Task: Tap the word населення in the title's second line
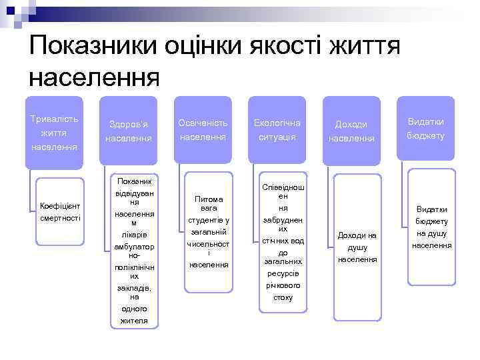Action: point(95,77)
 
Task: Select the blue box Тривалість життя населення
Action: point(55,131)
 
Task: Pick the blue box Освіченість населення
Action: point(203,129)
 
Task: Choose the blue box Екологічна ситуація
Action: point(277,129)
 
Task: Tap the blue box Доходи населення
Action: point(351,131)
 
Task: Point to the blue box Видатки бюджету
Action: point(426,129)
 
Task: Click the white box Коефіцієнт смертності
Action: point(60,212)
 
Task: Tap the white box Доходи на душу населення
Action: point(357,247)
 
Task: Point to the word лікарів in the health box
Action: point(134,235)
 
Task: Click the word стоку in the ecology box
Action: point(283,297)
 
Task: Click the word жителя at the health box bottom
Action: point(134,321)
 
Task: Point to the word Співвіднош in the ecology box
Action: point(283,189)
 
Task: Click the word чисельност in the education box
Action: point(209,243)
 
